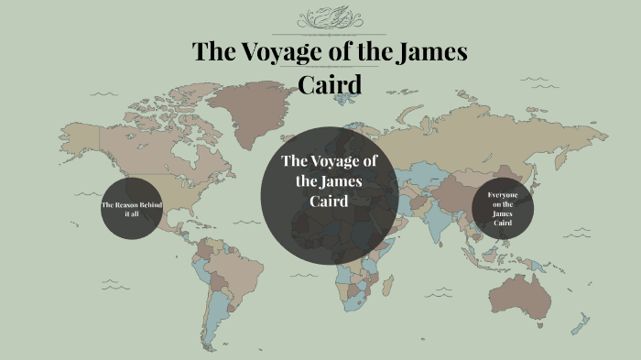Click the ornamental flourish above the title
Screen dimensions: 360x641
pyautogui.click(x=330, y=17)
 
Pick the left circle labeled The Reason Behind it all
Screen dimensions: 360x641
pyautogui.click(x=133, y=208)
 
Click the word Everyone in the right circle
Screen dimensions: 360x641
pyautogui.click(x=503, y=195)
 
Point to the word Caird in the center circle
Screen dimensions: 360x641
pyautogui.click(x=328, y=201)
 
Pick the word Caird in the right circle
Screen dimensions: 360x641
pyautogui.click(x=503, y=224)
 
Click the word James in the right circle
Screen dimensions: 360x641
pyautogui.click(x=503, y=214)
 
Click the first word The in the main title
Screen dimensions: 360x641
pyautogui.click(x=211, y=52)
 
